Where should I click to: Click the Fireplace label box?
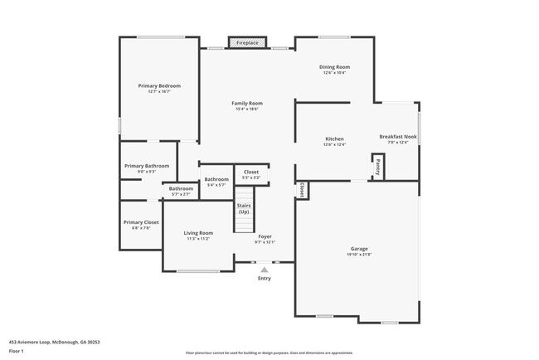[x=247, y=42]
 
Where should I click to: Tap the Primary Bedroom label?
[x=158, y=85]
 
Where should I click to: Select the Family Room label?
[x=247, y=103]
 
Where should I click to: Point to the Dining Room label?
[x=335, y=66]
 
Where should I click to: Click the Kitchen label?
[x=334, y=139]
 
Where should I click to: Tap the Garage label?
[x=359, y=249]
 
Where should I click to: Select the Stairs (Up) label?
[x=244, y=208]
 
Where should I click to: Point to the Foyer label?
[x=265, y=236]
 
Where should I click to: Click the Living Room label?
[x=198, y=232]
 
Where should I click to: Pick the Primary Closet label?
[x=141, y=222]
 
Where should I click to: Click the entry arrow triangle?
[x=265, y=269]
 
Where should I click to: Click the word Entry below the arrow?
[x=265, y=278]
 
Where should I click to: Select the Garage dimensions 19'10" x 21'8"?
[x=359, y=254]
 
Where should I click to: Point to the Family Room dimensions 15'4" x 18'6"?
[x=247, y=109]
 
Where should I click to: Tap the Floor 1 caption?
[x=17, y=351]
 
